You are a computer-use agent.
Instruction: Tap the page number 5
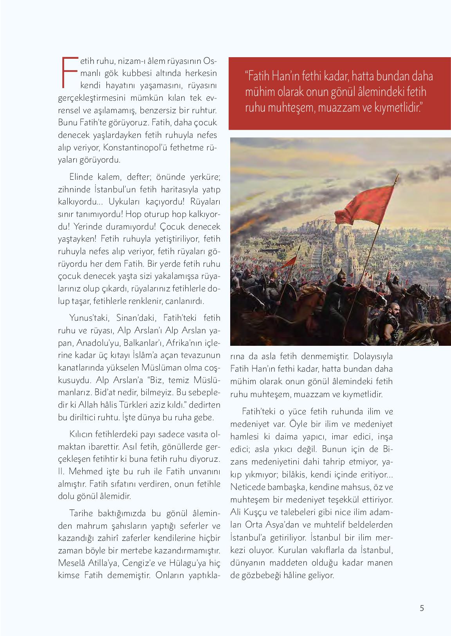(x=422, y=608)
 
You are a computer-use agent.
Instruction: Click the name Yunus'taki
(x=86, y=318)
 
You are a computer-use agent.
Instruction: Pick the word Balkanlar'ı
(x=143, y=343)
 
